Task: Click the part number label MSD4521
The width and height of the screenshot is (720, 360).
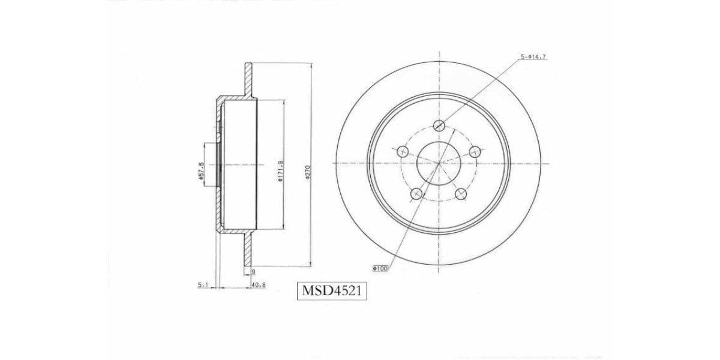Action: (x=332, y=292)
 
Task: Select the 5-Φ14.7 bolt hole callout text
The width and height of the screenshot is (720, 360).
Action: (x=533, y=56)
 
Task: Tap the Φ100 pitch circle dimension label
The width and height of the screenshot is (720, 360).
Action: (x=381, y=269)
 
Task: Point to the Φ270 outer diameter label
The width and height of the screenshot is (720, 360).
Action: (x=307, y=173)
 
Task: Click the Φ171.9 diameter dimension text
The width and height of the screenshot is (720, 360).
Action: (x=280, y=171)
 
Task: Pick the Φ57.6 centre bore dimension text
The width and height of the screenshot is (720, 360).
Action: (x=200, y=170)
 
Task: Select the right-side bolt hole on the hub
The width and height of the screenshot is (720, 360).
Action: (x=475, y=151)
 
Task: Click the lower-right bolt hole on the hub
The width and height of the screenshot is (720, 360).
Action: (x=461, y=193)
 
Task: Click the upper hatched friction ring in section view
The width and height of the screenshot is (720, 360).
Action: (x=248, y=77)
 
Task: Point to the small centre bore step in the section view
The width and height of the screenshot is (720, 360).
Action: (x=211, y=163)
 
